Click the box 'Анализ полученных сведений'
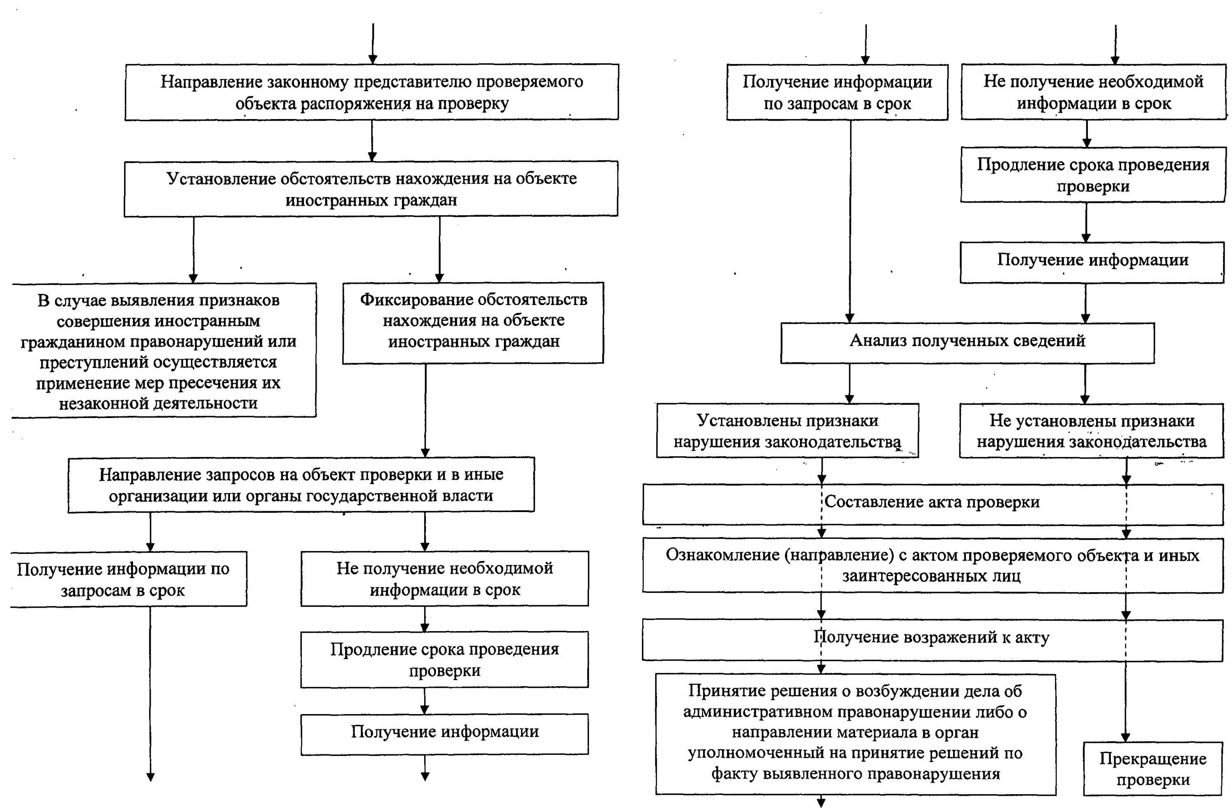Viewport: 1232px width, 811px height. point(967,342)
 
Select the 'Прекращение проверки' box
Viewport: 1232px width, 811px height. point(1153,769)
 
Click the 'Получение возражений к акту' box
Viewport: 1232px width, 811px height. point(932,640)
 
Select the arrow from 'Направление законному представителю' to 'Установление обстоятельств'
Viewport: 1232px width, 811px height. point(372,140)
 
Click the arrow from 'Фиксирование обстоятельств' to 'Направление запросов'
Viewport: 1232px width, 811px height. point(425,410)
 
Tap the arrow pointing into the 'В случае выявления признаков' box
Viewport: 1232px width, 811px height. point(193,249)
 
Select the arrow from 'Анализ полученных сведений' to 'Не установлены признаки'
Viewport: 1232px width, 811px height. point(1085,384)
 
